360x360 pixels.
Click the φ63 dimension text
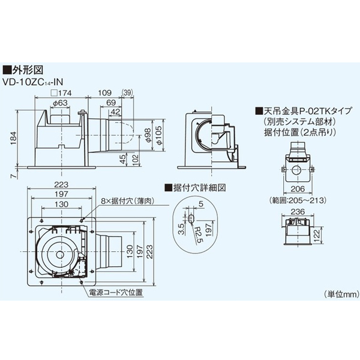pyautogui.click(x=59, y=104)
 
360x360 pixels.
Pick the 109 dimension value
pyautogui.click(x=105, y=93)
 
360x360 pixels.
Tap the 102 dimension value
pyautogui.click(x=135, y=159)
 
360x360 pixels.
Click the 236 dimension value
pyautogui.click(x=298, y=211)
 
